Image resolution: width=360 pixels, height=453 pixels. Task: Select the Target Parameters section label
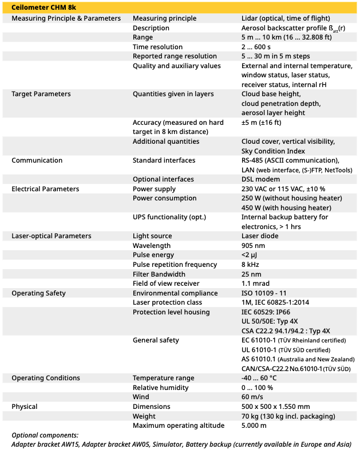tap(41, 94)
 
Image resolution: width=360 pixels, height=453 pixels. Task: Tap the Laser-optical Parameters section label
tap(52, 236)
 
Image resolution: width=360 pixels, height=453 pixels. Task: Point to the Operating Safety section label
tap(39, 293)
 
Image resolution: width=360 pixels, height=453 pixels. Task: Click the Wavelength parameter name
tap(152, 246)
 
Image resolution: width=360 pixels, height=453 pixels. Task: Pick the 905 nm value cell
tap(254, 246)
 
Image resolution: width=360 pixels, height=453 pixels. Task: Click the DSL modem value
tap(260, 179)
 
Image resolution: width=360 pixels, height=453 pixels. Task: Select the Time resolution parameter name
tap(158, 47)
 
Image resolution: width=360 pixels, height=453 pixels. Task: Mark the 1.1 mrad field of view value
tap(255, 283)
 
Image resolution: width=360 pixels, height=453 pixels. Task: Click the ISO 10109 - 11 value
tap(265, 293)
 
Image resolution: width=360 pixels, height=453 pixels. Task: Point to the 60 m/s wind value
tap(252, 397)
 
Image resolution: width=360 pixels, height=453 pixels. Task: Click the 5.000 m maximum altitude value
tap(254, 426)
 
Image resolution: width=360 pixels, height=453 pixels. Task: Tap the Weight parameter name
tap(144, 416)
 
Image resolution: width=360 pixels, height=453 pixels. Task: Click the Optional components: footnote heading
tap(45, 435)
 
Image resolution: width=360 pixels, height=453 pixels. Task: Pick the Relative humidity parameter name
tap(160, 388)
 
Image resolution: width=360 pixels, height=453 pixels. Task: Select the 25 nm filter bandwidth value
tap(252, 274)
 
